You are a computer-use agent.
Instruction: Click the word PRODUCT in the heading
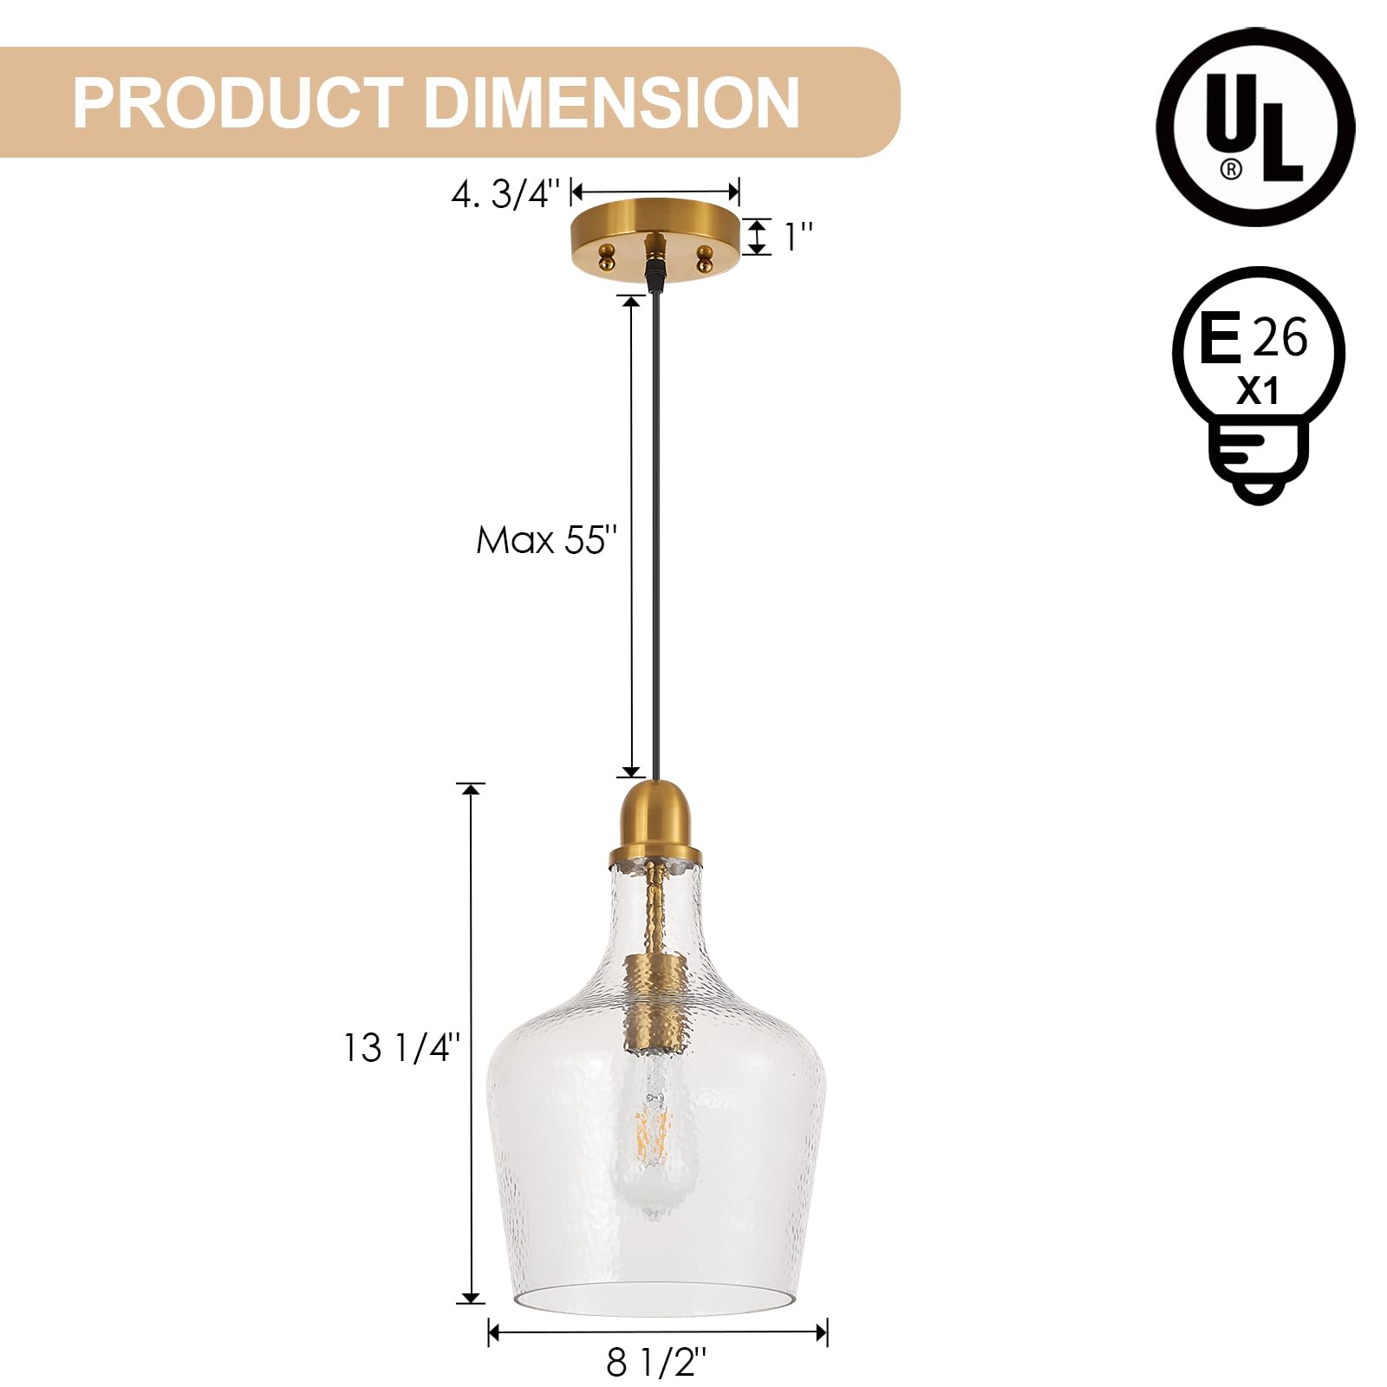(x=238, y=103)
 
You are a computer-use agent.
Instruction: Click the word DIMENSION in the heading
(x=610, y=103)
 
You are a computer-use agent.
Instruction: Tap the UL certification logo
(x=1254, y=127)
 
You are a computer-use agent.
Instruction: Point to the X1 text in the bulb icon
(x=1257, y=392)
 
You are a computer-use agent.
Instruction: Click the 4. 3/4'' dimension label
(x=507, y=194)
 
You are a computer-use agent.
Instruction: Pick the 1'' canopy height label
(x=798, y=237)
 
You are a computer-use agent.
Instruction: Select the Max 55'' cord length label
(x=546, y=540)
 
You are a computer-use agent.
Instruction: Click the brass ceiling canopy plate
(x=655, y=227)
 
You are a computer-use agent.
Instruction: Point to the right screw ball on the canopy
(x=704, y=257)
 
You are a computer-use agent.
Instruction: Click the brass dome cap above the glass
(x=654, y=819)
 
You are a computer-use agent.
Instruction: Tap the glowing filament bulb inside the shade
(x=654, y=1136)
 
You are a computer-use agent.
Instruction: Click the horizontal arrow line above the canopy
(x=655, y=192)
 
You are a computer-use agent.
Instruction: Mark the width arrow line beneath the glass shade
(x=657, y=1332)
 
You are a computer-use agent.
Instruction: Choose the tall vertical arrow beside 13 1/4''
(x=471, y=1049)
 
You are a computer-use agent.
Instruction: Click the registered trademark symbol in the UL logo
(x=1230, y=168)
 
